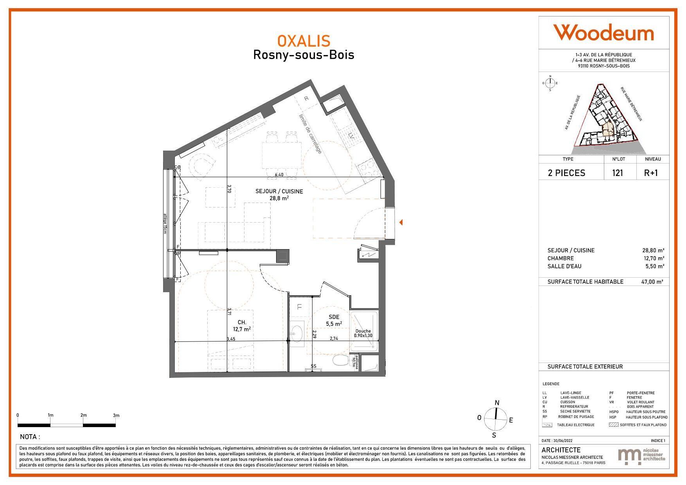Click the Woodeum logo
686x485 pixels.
coord(603,32)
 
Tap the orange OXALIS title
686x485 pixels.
coord(304,41)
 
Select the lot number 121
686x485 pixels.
coord(618,173)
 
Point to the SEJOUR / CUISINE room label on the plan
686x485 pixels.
coord(279,192)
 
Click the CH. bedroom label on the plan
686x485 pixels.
coord(242,322)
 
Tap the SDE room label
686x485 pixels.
coord(334,317)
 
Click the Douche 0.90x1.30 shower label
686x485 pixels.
coord(363,333)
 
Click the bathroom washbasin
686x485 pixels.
coord(298,333)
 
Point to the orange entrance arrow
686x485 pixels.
coord(401,222)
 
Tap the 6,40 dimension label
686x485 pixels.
coord(279,175)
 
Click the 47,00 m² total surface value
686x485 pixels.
coord(654,282)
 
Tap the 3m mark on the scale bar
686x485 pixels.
coord(116,415)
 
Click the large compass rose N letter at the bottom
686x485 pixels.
coord(497,403)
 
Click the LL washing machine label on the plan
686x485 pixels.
coord(300,307)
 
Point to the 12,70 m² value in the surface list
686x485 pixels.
coord(654,258)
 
